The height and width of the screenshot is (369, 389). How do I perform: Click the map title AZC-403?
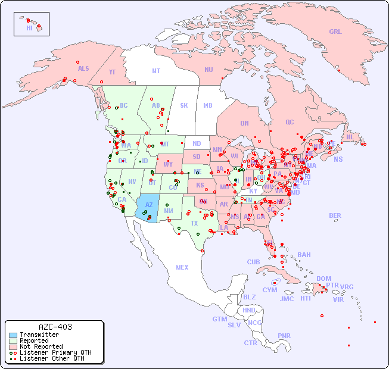click(55, 327)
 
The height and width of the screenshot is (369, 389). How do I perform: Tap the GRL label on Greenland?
click(335, 32)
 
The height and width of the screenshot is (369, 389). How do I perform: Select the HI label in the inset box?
click(29, 28)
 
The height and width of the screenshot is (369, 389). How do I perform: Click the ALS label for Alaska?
click(83, 68)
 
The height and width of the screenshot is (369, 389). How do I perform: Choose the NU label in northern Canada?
click(208, 70)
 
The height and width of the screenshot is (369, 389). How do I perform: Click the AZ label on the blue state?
click(149, 205)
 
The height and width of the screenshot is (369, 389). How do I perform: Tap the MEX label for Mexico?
click(182, 267)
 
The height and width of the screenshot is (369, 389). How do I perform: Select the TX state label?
click(194, 223)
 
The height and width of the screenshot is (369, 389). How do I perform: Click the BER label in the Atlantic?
click(335, 215)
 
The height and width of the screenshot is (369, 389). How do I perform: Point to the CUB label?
click(253, 262)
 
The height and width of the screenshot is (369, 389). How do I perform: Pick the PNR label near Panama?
click(284, 336)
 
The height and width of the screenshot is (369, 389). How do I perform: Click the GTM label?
click(219, 319)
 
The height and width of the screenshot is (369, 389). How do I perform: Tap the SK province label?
click(184, 105)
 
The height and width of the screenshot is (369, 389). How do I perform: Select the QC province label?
click(290, 122)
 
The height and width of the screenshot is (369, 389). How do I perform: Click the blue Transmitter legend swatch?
click(13, 334)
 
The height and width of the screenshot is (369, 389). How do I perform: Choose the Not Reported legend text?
click(41, 346)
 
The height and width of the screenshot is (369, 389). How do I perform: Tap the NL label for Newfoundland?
click(350, 137)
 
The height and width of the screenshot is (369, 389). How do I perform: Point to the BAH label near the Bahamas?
click(304, 255)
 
